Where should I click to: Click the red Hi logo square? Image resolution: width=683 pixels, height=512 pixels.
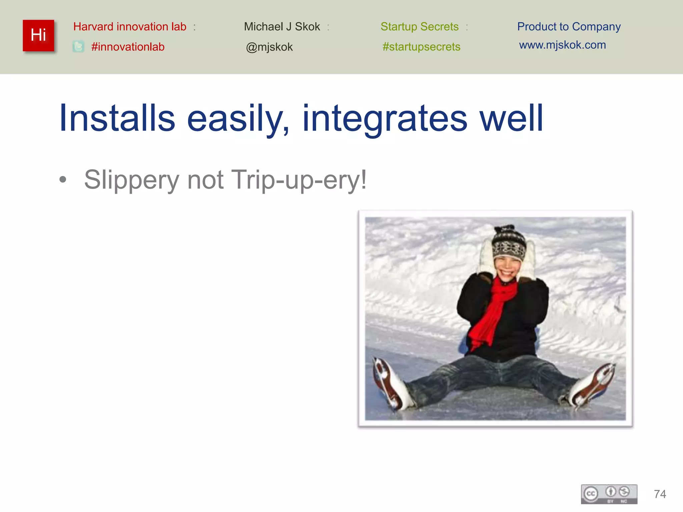[x=38, y=36]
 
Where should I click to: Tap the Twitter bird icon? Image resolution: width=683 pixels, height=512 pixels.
[x=78, y=47]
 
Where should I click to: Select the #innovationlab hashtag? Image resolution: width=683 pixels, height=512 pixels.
[x=128, y=47]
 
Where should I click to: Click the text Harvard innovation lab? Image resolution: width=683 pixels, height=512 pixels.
[x=130, y=27]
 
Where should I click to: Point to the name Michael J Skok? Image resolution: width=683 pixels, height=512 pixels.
[x=282, y=27]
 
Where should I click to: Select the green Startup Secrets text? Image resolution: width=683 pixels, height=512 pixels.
[x=420, y=27]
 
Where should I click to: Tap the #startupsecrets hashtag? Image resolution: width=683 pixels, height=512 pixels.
[x=421, y=47]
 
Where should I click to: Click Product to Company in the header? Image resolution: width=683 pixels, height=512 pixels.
[x=569, y=27]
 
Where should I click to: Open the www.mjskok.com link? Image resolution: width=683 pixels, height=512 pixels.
[x=562, y=45]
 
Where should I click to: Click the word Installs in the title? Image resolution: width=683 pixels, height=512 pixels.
[x=117, y=118]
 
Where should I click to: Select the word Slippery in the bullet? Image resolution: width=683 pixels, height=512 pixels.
[x=132, y=180]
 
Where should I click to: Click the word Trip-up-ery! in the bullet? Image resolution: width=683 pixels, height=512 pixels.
[x=298, y=180]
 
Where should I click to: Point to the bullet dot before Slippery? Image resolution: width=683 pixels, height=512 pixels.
[x=63, y=180]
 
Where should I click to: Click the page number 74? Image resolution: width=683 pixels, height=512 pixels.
[x=660, y=494]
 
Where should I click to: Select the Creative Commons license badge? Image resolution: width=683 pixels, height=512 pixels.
[x=609, y=494]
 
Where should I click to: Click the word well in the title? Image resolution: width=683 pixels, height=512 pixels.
[x=511, y=118]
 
